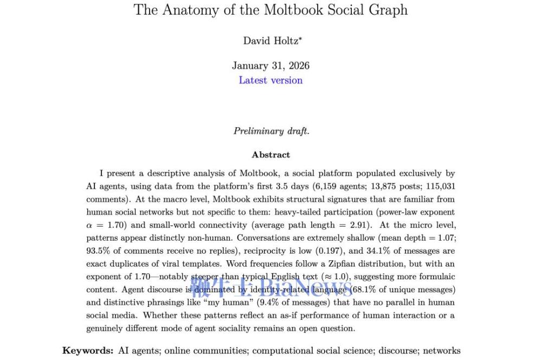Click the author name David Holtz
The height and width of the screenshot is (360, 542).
[270, 41]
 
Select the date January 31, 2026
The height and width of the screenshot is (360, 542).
[270, 66]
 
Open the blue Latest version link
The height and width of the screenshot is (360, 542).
[270, 80]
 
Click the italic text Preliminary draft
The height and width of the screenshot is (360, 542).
[271, 131]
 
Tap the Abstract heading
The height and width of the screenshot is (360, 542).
[270, 155]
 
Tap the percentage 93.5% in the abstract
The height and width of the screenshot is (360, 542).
[98, 251]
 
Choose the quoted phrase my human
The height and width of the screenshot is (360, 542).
[273, 303]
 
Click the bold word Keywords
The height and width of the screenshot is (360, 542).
[87, 350]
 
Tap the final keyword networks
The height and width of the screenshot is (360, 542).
[442, 350]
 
